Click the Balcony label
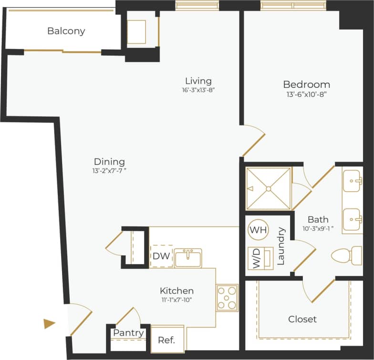66,31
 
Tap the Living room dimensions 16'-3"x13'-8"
198,90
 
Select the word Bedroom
306,85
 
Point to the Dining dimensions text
109,170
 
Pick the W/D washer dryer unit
260,258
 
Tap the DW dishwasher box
161,256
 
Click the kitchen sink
188,258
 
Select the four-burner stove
227,297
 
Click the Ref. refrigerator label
166,340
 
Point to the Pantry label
128,333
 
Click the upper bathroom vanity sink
353,181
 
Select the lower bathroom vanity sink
353,219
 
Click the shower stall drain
269,189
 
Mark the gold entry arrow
49,324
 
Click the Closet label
302,319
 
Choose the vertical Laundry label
280,246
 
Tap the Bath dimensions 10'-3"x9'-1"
318,228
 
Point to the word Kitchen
177,291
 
